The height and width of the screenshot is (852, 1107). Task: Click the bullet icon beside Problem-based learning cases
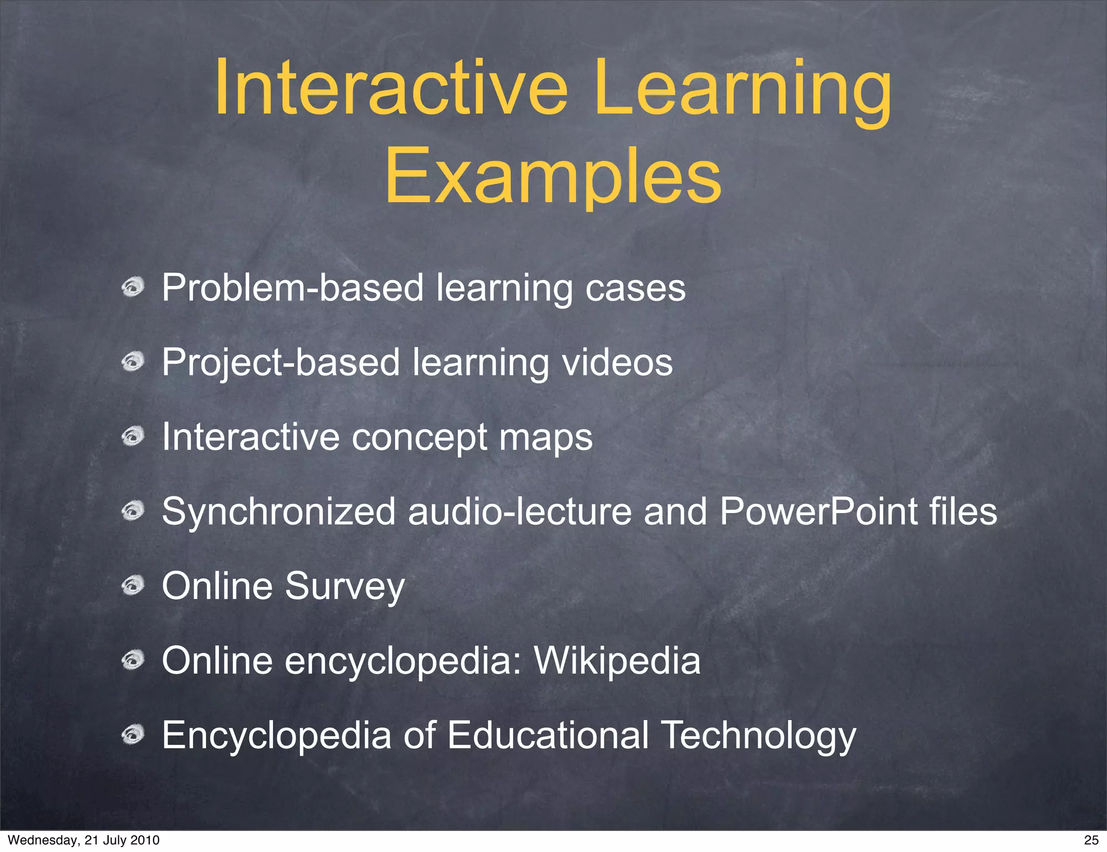[132, 287]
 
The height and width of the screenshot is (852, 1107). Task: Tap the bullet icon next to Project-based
[132, 361]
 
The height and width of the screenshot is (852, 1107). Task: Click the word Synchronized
[278, 512]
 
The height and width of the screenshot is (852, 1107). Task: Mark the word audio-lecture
[519, 511]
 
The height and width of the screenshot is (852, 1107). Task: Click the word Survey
[344, 587]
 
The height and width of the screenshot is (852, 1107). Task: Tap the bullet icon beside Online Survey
[132, 585]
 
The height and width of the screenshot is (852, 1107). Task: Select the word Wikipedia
[617, 661]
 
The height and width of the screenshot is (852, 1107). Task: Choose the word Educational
[548, 735]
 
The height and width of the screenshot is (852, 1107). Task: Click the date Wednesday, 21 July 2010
[84, 840]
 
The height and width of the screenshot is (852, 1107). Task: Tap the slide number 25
[1091, 840]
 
